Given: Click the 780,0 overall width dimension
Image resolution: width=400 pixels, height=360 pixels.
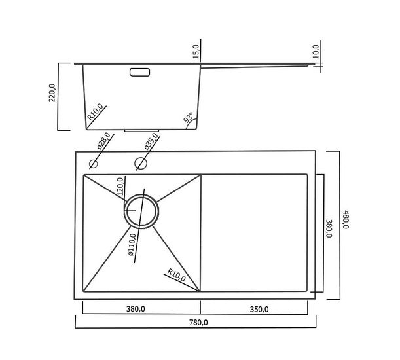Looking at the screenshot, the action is click(198, 323).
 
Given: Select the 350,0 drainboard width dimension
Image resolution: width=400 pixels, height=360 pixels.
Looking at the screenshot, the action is click(259, 309).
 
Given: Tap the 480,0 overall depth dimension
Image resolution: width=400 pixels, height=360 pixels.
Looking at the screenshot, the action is click(345, 219).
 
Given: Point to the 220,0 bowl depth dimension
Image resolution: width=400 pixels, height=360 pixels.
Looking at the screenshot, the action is click(52, 93).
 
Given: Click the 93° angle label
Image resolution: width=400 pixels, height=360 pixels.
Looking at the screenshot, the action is click(189, 117).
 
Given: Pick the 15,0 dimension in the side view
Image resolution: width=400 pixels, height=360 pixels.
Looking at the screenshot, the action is click(196, 52).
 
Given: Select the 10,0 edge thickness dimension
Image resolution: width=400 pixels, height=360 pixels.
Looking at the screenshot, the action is click(316, 52).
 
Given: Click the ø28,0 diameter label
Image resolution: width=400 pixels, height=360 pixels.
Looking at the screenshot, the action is click(104, 141).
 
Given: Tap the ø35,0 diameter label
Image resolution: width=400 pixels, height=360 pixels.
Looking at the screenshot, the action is click(151, 141).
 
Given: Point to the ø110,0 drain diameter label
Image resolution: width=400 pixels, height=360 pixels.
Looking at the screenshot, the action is click(132, 244).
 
